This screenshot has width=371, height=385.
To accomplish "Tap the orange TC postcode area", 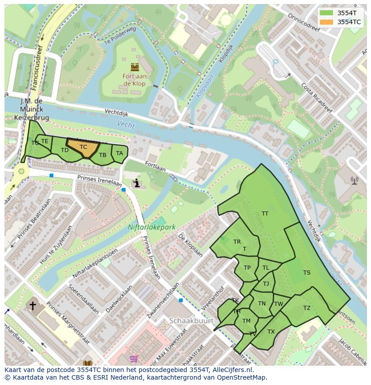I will [x=83, y=147].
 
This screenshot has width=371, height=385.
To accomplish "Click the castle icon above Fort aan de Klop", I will [x=134, y=68].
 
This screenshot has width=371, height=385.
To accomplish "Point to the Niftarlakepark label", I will [x=151, y=227].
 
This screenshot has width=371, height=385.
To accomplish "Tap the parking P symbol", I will [x=275, y=63].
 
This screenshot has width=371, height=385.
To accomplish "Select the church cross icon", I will [x=33, y=306].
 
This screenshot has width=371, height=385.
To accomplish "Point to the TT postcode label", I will [x=265, y=214].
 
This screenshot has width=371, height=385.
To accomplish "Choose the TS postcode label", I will [x=306, y=273].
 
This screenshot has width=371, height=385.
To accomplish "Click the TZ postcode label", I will [x=306, y=308].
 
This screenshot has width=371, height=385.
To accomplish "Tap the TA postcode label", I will [x=119, y=153].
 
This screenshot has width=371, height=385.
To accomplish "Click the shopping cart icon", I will [x=134, y=359].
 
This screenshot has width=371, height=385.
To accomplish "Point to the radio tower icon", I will [x=354, y=181].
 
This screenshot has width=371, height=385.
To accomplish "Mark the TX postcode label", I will [x=271, y=332].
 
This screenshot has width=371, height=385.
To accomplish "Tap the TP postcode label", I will [x=247, y=268].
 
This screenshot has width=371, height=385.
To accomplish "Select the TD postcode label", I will [x=65, y=150].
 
